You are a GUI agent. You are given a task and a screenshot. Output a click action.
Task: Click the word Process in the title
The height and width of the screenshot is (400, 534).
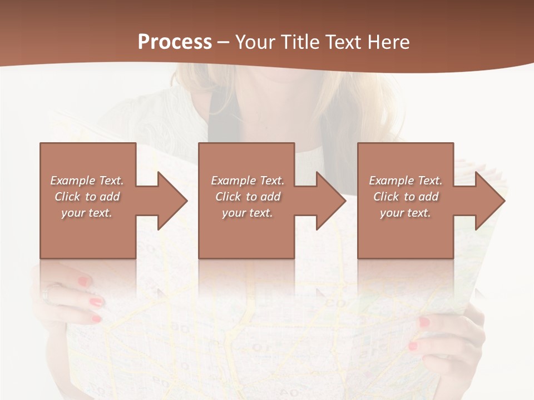tap(175, 42)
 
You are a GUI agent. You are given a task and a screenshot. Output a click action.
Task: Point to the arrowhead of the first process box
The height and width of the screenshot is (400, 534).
tap(172, 201)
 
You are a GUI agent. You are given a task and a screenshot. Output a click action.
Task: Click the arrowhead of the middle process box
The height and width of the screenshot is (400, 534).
tap(331, 201)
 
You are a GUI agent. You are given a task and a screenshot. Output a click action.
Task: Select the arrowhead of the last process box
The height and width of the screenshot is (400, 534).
tap(489, 201)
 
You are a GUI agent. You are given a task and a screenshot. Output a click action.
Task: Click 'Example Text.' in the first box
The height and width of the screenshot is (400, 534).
tap(87, 181)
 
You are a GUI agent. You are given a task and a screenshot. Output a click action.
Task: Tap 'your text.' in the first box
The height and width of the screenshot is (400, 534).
tap(87, 213)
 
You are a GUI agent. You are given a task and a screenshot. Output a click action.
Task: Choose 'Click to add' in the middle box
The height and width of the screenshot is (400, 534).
tap(248, 197)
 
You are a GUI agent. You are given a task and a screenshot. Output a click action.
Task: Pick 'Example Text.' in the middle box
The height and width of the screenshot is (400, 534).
tap(248, 181)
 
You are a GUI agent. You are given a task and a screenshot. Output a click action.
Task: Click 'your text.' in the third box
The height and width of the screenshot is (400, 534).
tap(406, 213)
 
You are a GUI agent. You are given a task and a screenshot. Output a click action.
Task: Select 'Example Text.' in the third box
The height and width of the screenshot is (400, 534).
tap(406, 181)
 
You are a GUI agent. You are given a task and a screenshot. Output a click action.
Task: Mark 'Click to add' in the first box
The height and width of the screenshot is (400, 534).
tap(87, 197)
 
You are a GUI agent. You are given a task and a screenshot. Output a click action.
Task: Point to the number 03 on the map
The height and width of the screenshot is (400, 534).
tap(336, 303)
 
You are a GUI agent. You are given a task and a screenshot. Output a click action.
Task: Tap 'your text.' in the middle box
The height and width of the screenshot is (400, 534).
tap(248, 213)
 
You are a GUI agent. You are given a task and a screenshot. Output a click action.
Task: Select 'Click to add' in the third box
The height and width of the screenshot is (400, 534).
tap(406, 197)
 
